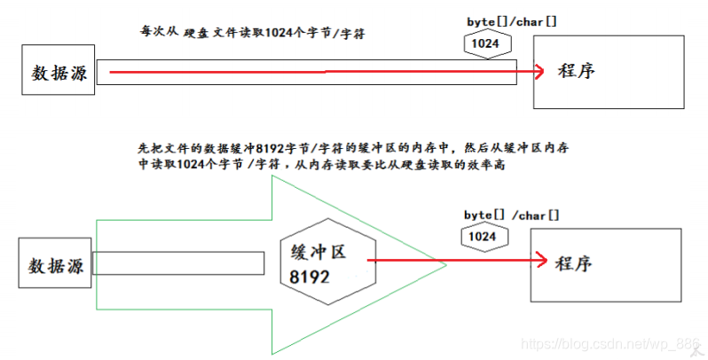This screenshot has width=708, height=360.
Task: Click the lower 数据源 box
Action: pos(55,264)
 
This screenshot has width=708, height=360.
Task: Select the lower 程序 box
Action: pos(606,264)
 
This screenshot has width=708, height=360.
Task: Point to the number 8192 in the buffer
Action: pos(310,277)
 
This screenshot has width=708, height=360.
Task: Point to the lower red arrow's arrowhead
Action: pos(538,261)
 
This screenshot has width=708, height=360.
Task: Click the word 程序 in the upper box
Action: pos(577,71)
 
